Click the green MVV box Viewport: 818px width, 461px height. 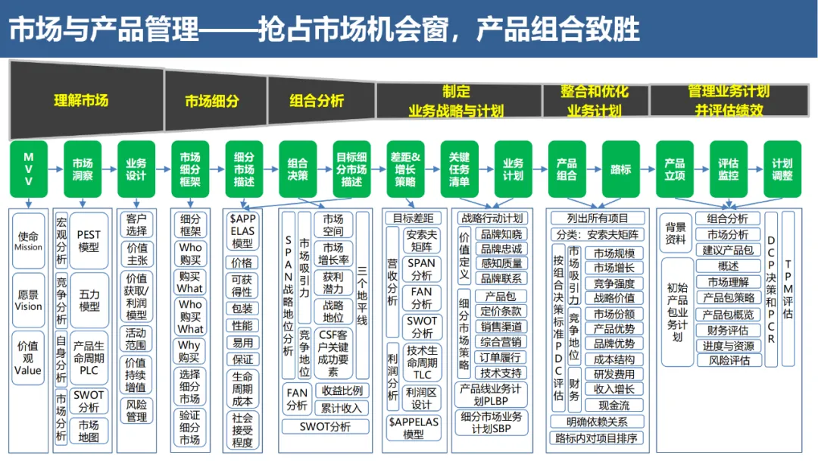coord(29,168)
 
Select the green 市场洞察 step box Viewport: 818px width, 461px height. coord(83,168)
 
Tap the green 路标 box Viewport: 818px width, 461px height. coord(620,168)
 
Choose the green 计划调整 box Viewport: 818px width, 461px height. coord(782,168)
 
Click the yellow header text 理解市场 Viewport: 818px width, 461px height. coord(81,100)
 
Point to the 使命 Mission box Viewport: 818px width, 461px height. coord(29,240)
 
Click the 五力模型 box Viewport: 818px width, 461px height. coord(89,300)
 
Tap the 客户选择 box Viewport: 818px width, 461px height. coord(137,224)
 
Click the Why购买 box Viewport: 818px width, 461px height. coord(190,351)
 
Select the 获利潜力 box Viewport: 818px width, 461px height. coord(333,283)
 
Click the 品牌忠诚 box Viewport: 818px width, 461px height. coord(501,249)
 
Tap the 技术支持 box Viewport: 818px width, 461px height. coord(501,372)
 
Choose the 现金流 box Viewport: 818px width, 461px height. coord(613,405)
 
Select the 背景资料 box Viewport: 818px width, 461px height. coord(676,233)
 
